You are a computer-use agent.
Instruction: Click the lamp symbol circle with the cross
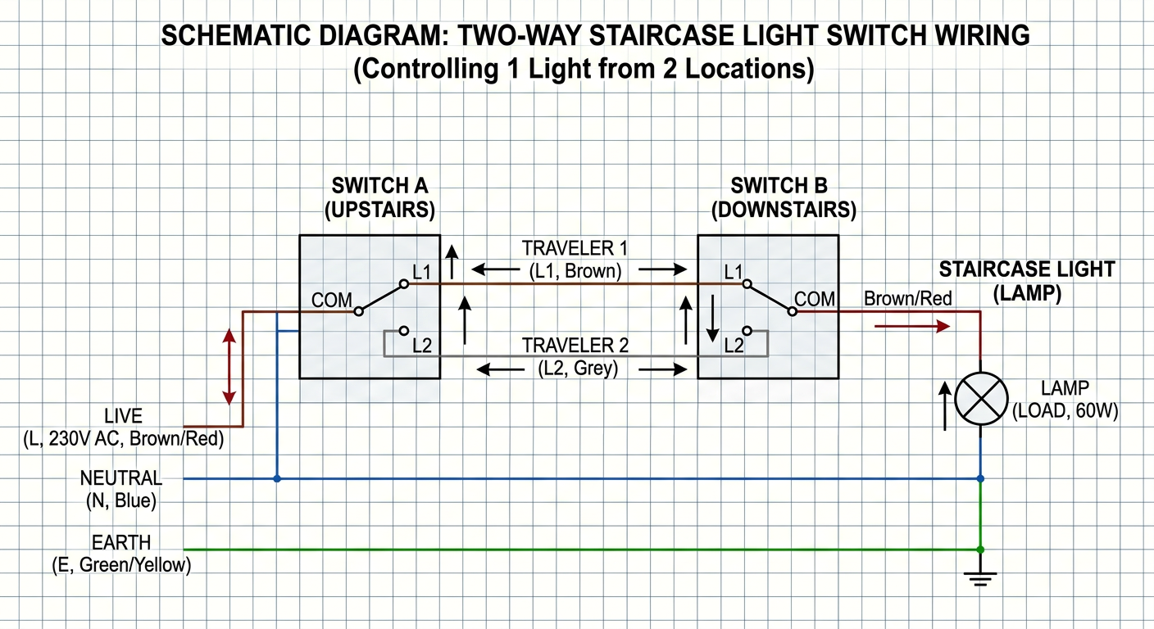click(x=981, y=399)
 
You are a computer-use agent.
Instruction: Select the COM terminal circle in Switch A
click(x=358, y=311)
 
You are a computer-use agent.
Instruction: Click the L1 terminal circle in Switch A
click(x=404, y=283)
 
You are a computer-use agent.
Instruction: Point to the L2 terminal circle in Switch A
click(x=404, y=330)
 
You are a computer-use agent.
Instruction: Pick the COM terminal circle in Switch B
click(x=793, y=311)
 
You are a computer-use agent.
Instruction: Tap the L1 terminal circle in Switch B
click(x=747, y=283)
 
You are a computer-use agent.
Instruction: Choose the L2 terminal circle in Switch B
click(x=747, y=330)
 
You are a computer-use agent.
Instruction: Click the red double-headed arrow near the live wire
click(x=229, y=367)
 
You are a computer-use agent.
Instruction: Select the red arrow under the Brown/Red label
click(x=912, y=326)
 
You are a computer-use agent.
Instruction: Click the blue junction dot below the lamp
click(x=980, y=478)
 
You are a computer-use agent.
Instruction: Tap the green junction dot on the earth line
click(x=980, y=550)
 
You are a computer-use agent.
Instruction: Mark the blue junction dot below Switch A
click(x=277, y=478)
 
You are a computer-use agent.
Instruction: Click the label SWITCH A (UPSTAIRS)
click(x=379, y=197)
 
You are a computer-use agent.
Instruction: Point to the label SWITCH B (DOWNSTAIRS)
click(x=784, y=197)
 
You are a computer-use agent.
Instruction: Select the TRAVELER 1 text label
click(x=575, y=249)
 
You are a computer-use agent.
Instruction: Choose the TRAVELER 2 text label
click(x=575, y=346)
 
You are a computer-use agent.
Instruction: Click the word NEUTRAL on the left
click(x=121, y=478)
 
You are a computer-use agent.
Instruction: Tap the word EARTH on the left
click(x=121, y=542)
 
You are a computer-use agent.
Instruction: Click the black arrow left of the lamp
click(x=945, y=405)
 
